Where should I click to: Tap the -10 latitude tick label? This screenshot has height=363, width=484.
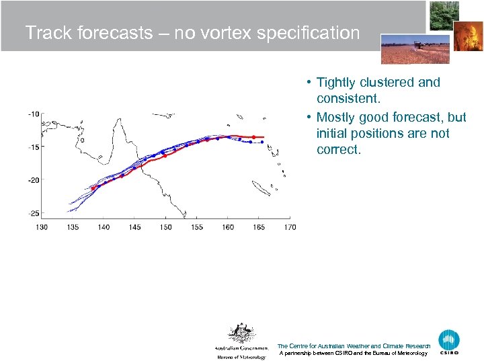click(x=33, y=114)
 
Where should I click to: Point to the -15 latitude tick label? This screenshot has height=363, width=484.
click(x=33, y=147)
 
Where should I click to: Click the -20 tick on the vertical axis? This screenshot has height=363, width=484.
click(x=33, y=179)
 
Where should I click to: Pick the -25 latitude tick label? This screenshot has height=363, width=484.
click(x=33, y=213)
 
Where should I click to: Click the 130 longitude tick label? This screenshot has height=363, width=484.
click(x=42, y=227)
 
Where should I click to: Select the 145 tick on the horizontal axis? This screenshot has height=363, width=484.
click(x=134, y=227)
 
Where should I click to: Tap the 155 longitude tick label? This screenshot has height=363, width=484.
click(x=197, y=227)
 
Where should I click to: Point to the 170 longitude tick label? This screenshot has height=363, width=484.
click(x=289, y=227)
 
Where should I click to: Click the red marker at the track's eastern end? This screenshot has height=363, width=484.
click(x=263, y=137)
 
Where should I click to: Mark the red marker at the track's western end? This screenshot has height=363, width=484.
click(x=93, y=188)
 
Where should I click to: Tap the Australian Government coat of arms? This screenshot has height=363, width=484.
click(x=240, y=333)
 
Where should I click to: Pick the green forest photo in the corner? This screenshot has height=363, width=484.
click(x=444, y=15)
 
